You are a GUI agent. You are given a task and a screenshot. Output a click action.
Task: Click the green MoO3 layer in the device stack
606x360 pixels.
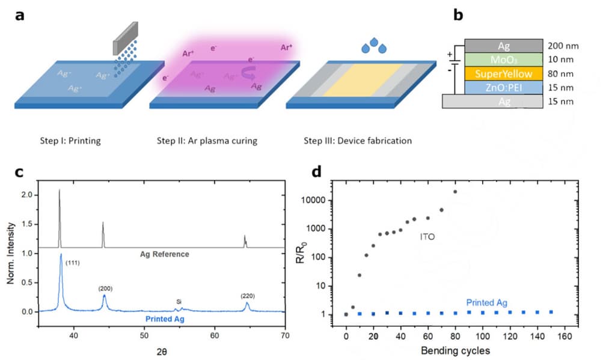click(502, 59)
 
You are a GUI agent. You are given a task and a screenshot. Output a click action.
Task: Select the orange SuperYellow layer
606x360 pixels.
click(502, 74)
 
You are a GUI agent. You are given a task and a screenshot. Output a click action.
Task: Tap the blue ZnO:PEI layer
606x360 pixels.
click(502, 88)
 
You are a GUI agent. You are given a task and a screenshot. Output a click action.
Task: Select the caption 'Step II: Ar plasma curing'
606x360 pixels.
click(207, 141)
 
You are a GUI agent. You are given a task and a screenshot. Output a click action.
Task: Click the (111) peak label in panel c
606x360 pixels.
click(73, 263)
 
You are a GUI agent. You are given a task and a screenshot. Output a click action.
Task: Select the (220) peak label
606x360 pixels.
click(248, 296)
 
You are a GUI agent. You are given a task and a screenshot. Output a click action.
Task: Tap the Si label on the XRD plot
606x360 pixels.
click(179, 301)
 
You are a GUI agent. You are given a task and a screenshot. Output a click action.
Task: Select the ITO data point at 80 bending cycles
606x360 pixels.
click(455, 192)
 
